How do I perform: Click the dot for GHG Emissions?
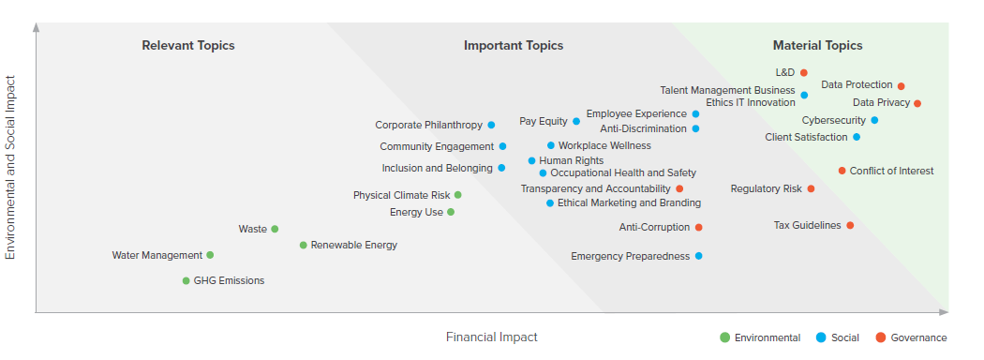(186, 280)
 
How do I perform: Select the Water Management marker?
(210, 255)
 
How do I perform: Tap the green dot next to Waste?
(275, 229)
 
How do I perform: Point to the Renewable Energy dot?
(303, 246)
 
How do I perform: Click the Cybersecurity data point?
(874, 120)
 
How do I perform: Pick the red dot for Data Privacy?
(917, 103)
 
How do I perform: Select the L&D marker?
(804, 72)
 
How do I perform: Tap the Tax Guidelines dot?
(850, 225)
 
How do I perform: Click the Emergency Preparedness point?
(698, 256)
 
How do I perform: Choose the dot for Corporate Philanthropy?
(491, 125)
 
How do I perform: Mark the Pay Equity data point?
(576, 121)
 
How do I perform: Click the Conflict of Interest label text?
(891, 171)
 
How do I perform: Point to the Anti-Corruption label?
(654, 227)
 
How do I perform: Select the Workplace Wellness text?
(604, 145)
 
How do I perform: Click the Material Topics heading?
(817, 45)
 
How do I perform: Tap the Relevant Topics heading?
(188, 45)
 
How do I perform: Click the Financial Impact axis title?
(491, 337)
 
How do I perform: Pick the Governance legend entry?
(918, 337)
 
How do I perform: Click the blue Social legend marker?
(821, 337)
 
